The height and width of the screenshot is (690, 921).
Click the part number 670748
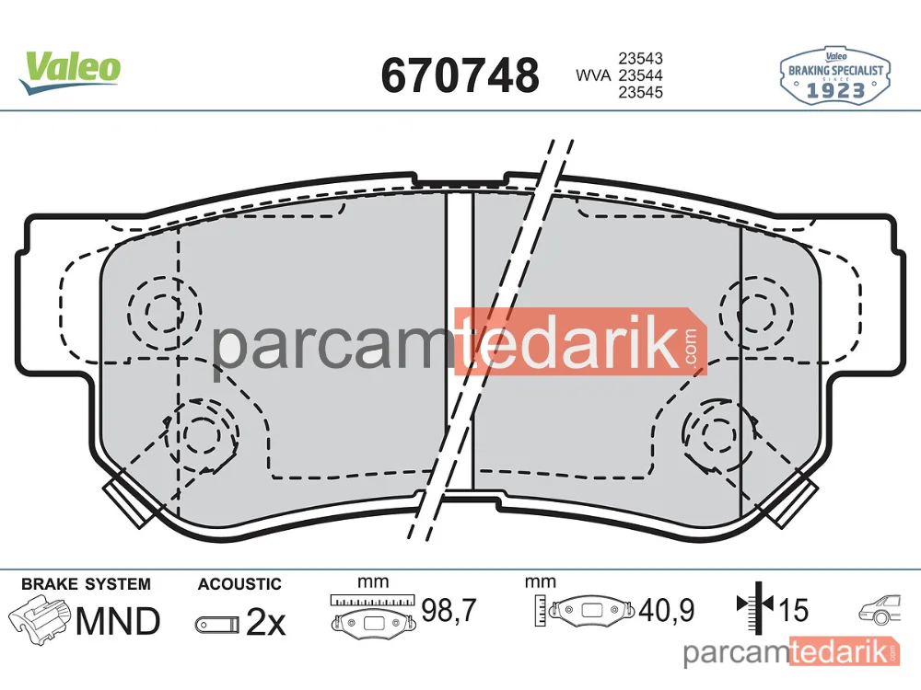(x=460, y=75)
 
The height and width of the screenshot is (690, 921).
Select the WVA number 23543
(x=640, y=59)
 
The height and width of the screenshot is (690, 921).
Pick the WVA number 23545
(x=640, y=92)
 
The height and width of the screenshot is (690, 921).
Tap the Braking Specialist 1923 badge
(x=834, y=76)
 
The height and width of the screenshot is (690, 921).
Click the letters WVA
(x=593, y=75)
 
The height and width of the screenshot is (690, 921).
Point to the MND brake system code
(x=118, y=621)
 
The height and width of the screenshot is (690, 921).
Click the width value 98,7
(x=449, y=610)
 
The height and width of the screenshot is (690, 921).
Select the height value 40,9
(x=667, y=610)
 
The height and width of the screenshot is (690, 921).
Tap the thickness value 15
(x=794, y=610)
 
